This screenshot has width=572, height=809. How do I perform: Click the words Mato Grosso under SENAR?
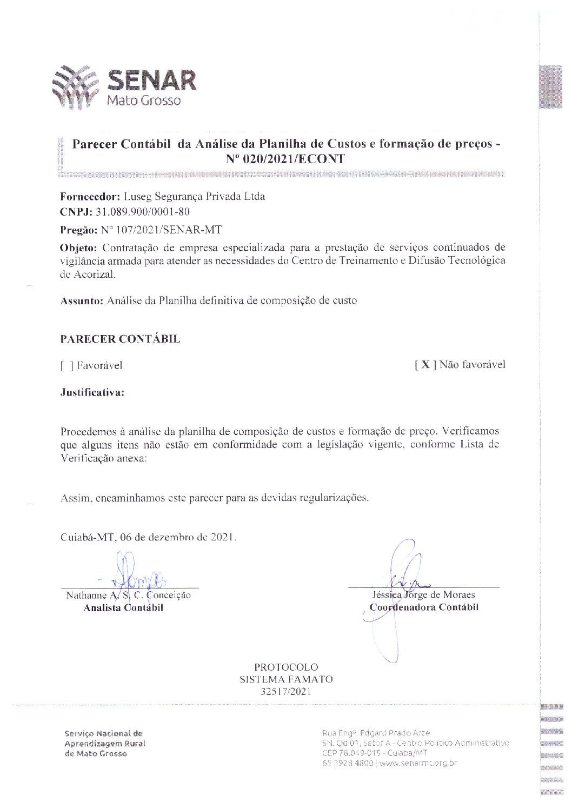pyautogui.click(x=143, y=101)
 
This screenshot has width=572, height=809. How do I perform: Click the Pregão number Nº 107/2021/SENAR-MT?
pyautogui.click(x=161, y=230)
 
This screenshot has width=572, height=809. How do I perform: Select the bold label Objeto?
pyautogui.click(x=79, y=248)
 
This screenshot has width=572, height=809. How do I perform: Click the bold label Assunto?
pyautogui.click(x=82, y=300)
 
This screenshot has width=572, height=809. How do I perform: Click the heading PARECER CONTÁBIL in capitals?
pyautogui.click(x=120, y=339)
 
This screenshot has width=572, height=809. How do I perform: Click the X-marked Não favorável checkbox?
pyautogui.click(x=425, y=365)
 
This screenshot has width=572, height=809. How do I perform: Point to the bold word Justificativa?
pyautogui.click(x=92, y=392)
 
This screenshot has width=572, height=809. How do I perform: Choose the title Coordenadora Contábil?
pyautogui.click(x=424, y=607)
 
